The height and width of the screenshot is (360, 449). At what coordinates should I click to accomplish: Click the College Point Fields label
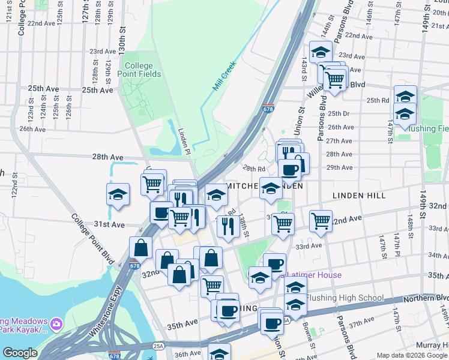143,70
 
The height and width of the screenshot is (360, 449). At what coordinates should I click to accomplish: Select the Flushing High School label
345,298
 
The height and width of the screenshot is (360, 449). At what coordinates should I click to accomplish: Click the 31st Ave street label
109,224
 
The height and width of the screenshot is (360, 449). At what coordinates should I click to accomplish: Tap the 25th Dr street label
338,113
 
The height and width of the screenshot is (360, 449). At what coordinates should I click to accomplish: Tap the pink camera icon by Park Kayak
56,324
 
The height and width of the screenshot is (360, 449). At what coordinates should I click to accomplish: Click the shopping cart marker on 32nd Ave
321,220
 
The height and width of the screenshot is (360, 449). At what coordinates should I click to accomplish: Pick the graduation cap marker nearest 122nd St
118,194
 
